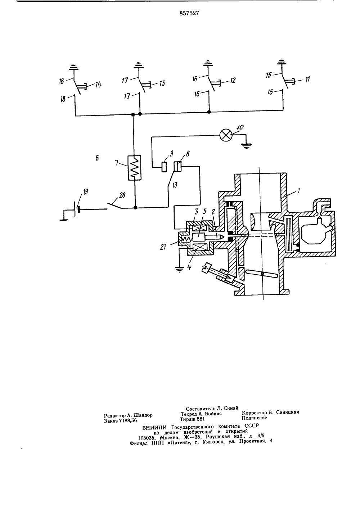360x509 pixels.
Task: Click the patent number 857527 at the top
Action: pyautogui.click(x=189, y=13)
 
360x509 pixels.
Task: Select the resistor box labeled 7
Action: pyautogui.click(x=134, y=168)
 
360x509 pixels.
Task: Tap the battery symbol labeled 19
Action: pyautogui.click(x=77, y=209)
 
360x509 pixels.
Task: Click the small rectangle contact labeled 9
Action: pyautogui.click(x=164, y=167)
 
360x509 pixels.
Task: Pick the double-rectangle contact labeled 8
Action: pyautogui.click(x=177, y=166)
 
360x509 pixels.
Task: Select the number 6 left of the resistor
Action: pyautogui.click(x=97, y=158)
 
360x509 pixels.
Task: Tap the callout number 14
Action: pyautogui.click(x=98, y=85)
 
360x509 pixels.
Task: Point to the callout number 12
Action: pyautogui.click(x=233, y=80)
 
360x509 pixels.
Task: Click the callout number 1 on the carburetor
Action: pyautogui.click(x=299, y=190)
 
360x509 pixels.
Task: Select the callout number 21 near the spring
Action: pyautogui.click(x=163, y=247)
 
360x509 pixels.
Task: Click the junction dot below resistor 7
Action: pyautogui.click(x=135, y=207)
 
